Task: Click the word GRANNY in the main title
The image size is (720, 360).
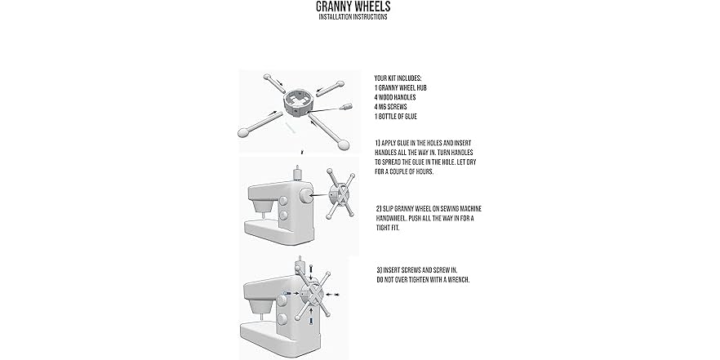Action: click(336, 7)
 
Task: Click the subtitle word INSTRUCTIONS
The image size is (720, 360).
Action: click(369, 17)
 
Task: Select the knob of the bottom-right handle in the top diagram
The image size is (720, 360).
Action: click(344, 144)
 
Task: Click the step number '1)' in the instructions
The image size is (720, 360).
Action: click(377, 143)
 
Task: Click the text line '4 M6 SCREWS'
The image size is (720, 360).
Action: click(393, 107)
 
